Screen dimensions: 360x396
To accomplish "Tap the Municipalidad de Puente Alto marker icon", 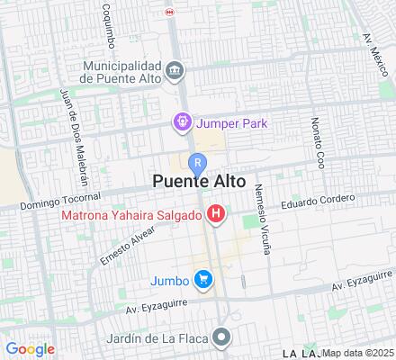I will click(176, 70).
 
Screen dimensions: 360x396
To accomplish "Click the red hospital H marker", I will click(216, 214).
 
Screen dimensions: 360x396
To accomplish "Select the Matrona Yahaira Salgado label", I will click(131, 214).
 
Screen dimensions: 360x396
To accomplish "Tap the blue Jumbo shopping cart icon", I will click(204, 279).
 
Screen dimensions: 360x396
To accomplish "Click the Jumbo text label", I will click(171, 279).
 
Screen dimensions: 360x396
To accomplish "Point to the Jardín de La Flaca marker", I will click(221, 338).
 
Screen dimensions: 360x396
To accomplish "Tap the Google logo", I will click(30, 348).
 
